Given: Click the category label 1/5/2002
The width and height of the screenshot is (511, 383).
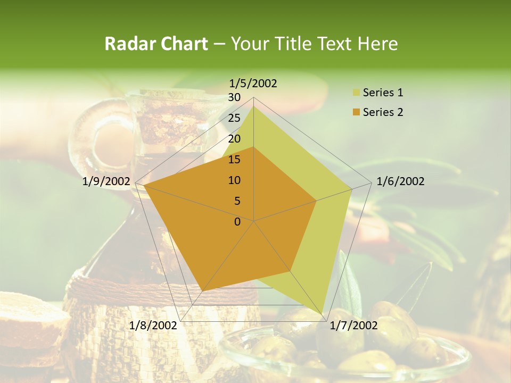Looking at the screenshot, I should coord(253,84).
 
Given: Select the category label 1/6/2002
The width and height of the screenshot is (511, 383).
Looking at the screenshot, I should coord(400,181).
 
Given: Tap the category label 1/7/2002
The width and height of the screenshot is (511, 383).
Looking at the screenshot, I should coord(354,326).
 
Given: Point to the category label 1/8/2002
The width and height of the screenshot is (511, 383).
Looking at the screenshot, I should coord(153,326).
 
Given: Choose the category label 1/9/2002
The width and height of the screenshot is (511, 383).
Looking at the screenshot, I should coord(106,181).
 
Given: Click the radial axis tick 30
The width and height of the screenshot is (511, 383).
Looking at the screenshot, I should coord(234,97).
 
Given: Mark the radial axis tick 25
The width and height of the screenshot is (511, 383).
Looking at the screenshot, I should coord(234,118).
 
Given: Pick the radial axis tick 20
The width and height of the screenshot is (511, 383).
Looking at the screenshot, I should coord(234,139).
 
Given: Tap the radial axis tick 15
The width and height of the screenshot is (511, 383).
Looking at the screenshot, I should coord(234,160).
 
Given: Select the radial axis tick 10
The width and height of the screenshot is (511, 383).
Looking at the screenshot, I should coord(234,180).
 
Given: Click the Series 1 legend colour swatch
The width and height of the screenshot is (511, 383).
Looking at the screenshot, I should coord(357,93).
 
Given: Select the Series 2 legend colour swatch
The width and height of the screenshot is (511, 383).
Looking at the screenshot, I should coord(357,112).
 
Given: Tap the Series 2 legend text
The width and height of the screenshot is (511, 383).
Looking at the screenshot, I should coord(383,112).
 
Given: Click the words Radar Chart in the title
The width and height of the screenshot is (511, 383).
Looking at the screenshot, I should coord(156,44).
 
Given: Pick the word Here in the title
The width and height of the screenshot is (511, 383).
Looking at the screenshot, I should coord(377,44).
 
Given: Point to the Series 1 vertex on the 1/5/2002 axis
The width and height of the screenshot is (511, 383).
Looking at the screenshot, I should coord(254,106).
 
